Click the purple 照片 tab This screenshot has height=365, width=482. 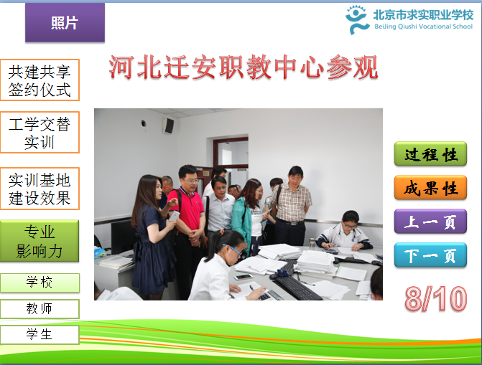point(65,22)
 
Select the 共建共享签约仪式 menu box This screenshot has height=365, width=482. point(40,80)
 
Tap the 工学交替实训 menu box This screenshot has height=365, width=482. point(40,133)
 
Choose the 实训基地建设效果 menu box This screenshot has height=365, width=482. point(40,189)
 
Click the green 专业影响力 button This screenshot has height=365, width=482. point(40,241)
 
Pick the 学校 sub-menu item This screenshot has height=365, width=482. point(40,283)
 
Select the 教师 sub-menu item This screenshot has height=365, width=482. point(40,309)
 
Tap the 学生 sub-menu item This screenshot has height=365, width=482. point(40,335)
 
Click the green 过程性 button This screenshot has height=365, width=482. point(430,153)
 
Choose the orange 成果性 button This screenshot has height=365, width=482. point(430,188)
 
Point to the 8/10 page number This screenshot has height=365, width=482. point(436,299)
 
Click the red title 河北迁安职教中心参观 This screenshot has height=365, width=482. point(244,67)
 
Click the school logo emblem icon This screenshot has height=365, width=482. point(356,20)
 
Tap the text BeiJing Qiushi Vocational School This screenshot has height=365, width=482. point(423,27)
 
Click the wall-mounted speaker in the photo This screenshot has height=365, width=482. point(169,125)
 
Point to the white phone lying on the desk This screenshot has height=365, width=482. point(243,278)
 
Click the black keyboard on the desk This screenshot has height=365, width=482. point(297,287)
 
